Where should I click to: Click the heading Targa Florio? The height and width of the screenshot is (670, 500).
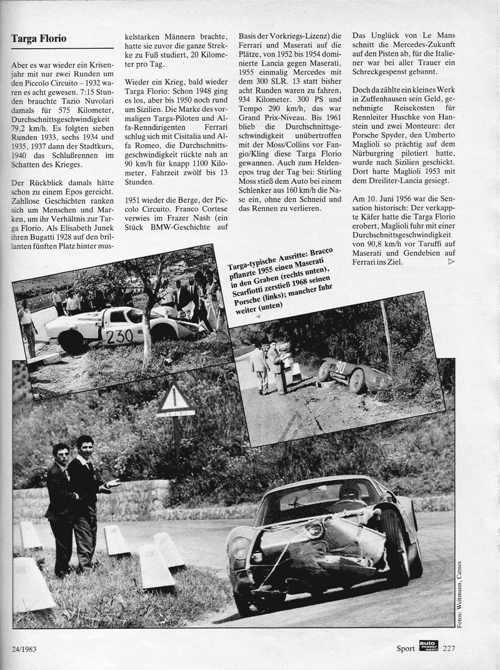tap(39, 39)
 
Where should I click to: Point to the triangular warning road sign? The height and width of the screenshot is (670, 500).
tap(175, 399)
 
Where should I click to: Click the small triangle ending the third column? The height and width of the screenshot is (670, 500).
tap(452, 263)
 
